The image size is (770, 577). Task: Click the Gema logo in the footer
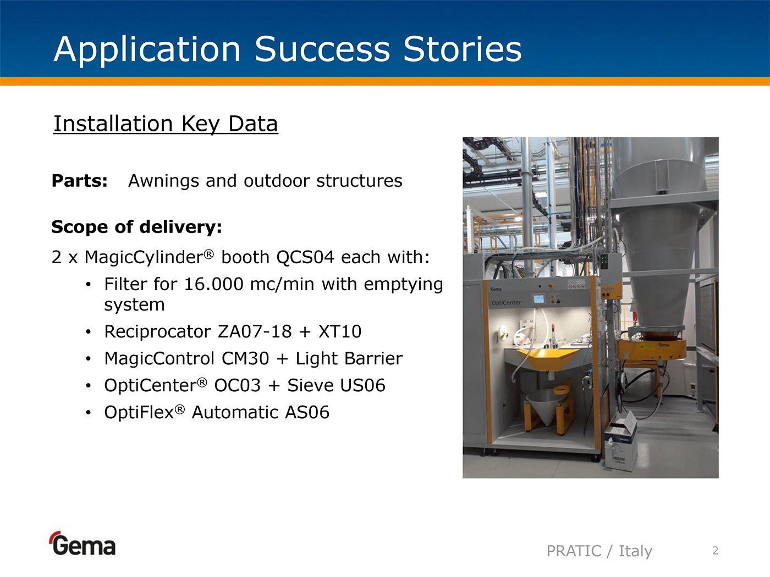82,543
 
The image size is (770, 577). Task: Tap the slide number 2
716,551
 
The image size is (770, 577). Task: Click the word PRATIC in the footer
574,551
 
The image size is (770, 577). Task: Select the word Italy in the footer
635,551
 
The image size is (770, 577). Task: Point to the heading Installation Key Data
166,124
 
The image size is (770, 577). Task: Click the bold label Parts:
80,181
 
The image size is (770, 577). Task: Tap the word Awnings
164,181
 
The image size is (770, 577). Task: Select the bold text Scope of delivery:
137,227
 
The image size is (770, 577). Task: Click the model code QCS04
305,257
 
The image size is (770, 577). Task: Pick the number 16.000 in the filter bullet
213,284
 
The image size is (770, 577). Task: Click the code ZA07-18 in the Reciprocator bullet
255,331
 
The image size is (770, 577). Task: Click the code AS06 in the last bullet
307,412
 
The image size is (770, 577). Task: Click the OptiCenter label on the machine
506,302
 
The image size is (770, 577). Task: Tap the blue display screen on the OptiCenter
538,299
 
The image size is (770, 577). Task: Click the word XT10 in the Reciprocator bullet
340,331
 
